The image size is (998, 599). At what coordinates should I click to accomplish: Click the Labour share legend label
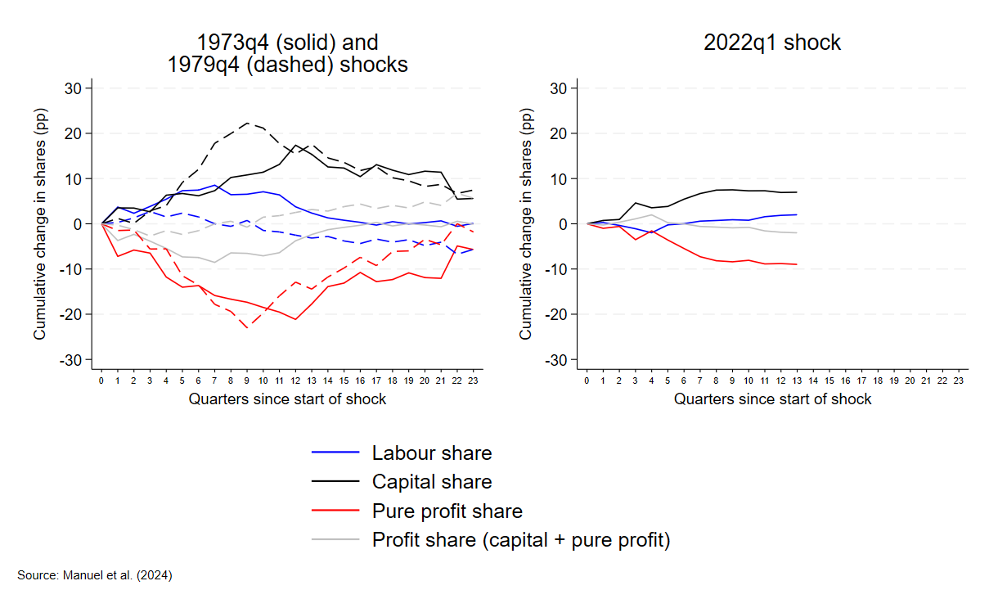pyautogui.click(x=431, y=453)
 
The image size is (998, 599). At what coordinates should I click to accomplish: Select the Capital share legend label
pyautogui.click(x=431, y=481)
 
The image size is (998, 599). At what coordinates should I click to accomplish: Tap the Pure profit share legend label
pyautogui.click(x=447, y=511)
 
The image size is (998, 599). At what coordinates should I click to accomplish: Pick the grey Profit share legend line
pyautogui.click(x=335, y=540)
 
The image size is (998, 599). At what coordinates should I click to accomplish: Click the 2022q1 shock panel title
pyautogui.click(x=772, y=43)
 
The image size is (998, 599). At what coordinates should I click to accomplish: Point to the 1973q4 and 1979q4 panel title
pyautogui.click(x=287, y=52)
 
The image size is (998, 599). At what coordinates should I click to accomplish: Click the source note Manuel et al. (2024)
pyautogui.click(x=95, y=575)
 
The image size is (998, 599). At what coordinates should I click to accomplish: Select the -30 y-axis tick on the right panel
pyautogui.click(x=560, y=359)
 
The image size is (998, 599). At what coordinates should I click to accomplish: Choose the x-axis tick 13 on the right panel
pyautogui.click(x=797, y=381)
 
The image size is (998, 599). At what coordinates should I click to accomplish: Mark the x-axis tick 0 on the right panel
pyautogui.click(x=587, y=381)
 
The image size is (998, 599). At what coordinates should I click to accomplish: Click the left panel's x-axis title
pyautogui.click(x=287, y=399)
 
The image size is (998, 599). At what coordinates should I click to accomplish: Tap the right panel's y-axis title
pyautogui.click(x=526, y=223)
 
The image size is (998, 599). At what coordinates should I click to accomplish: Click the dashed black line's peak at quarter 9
pyautogui.click(x=247, y=123)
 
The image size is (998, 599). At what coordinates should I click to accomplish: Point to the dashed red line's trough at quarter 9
pyautogui.click(x=247, y=328)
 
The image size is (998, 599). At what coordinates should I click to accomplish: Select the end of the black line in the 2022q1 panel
pyautogui.click(x=797, y=192)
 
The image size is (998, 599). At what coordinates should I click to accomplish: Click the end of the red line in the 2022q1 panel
pyautogui.click(x=797, y=264)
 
